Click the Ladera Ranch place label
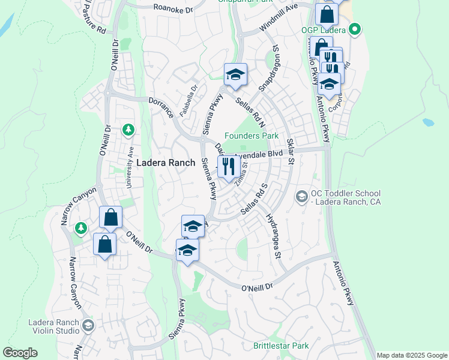[166, 163]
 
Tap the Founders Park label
[252, 136]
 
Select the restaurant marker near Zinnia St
[228, 166]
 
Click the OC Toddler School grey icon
[301, 196]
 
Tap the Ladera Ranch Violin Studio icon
[88, 325]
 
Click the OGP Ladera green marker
[355, 29]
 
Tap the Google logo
[20, 353]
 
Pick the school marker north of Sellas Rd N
[235, 75]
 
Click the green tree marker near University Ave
[128, 129]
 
